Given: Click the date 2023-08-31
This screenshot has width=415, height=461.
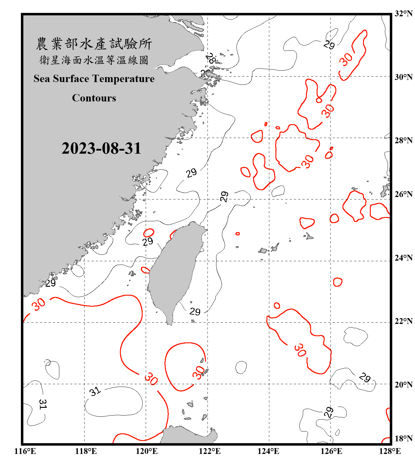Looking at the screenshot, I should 101,148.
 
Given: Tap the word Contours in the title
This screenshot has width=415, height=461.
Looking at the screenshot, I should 94,98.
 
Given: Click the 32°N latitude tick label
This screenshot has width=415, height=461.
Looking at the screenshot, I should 403,14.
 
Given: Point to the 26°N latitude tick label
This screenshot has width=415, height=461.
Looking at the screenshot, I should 403,194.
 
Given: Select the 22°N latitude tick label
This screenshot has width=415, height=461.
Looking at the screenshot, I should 403,321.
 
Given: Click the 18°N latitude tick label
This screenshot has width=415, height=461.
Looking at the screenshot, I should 403,439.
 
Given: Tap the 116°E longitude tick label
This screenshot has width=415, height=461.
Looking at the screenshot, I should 25,451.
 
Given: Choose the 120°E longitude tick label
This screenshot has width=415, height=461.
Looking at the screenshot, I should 147,451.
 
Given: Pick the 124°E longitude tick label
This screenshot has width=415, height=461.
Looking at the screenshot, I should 268,451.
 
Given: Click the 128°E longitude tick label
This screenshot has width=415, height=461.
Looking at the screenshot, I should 390,451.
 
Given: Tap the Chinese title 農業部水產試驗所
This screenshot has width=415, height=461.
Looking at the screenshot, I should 94,44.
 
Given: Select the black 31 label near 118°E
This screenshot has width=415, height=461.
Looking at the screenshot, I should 95,391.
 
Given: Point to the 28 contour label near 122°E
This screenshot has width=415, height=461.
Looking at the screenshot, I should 211,58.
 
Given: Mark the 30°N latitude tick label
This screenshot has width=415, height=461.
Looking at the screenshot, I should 403,77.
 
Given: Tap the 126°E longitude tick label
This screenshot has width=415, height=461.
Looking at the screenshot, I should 331,451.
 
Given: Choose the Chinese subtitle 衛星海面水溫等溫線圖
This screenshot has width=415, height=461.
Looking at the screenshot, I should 94,60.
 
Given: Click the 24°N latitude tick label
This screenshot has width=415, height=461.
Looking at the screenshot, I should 403,258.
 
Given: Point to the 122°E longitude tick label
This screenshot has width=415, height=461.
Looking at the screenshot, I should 210,451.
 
